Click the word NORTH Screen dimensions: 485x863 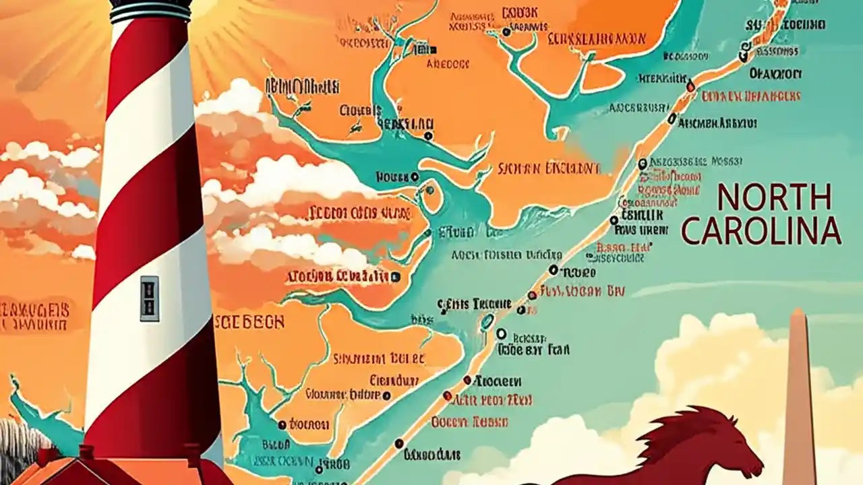(774, 198)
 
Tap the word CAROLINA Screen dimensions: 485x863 (761, 231)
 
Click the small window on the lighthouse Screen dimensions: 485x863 (149, 298)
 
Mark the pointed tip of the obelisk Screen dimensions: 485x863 (798, 312)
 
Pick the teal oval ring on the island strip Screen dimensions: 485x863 (486, 323)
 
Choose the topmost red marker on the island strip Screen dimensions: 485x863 (690, 86)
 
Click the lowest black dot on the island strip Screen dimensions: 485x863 (398, 443)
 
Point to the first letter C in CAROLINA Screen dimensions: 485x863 (692, 231)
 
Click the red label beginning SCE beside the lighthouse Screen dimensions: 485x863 (249, 322)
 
